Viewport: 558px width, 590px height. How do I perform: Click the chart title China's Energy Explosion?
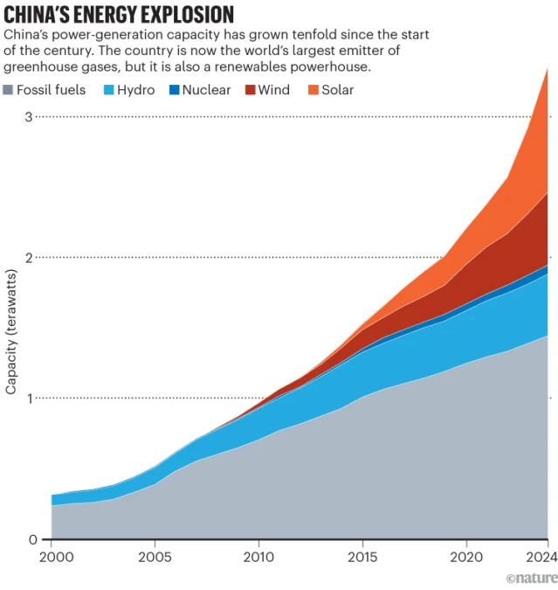(119, 15)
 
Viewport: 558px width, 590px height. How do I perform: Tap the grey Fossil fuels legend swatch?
(10, 89)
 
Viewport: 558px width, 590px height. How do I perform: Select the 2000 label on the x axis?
(52, 557)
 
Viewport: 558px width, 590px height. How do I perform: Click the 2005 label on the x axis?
(155, 557)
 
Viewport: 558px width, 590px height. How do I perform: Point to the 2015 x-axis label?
(362, 557)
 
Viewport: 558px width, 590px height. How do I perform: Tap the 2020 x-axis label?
(465, 557)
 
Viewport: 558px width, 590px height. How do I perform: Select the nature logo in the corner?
(531, 578)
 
